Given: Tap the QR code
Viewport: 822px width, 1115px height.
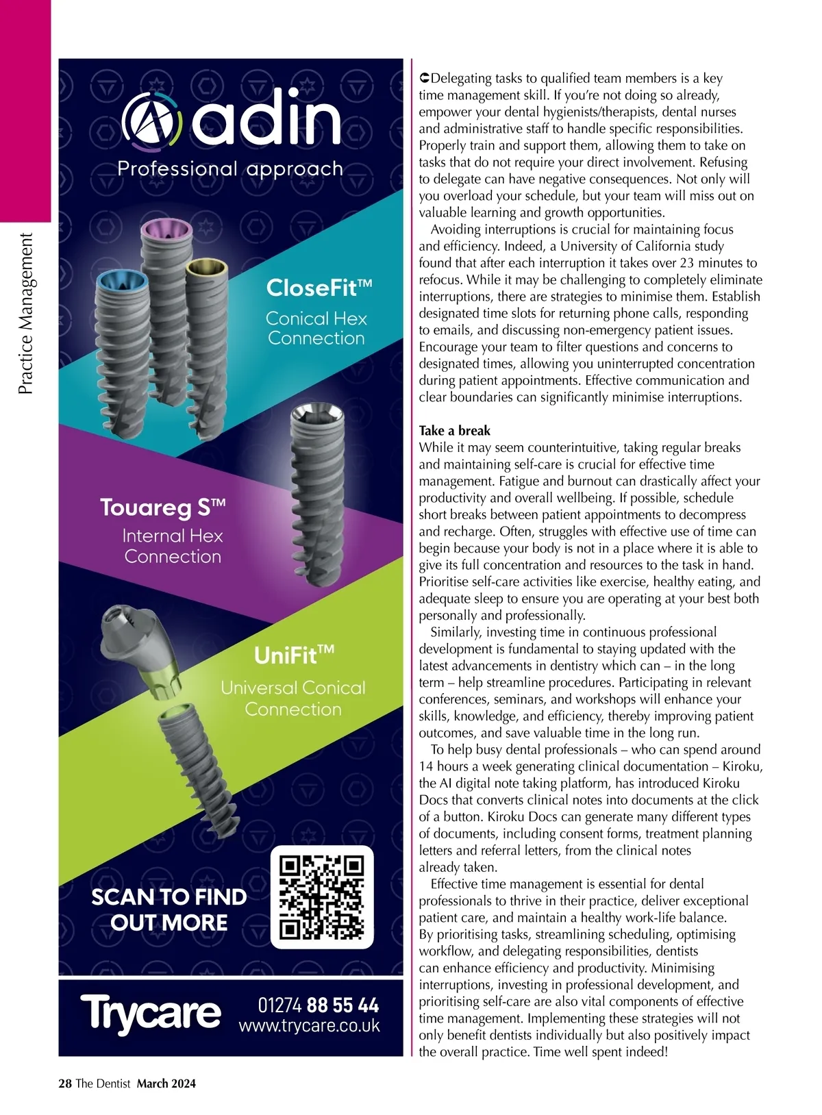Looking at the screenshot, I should pos(321,897).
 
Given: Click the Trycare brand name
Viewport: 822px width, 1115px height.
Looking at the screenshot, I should pos(151,1012).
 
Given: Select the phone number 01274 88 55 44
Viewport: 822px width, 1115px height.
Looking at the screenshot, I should pos(318,1005).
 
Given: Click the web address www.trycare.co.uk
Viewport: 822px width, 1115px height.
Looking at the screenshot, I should pos(309,1026).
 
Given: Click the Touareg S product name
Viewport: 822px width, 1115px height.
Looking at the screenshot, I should pos(162,508).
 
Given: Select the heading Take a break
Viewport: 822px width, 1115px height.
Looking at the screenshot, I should pos(454,431).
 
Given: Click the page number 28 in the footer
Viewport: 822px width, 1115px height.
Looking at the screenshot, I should pos(65,1083).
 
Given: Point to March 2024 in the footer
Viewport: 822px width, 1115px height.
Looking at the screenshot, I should pos(166,1083).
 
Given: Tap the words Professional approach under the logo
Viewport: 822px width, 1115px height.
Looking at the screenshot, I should pos(230,168).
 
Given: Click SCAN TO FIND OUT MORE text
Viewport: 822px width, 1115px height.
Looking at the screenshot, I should pos(169,910).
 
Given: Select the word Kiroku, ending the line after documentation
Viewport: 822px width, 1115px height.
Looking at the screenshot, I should pos(742,766).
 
